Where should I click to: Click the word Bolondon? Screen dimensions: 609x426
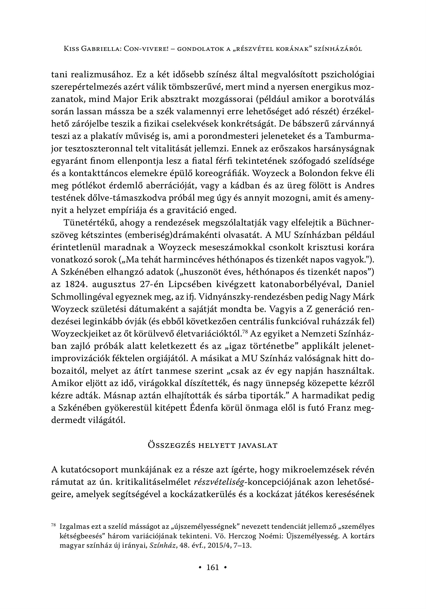(318, 173)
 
